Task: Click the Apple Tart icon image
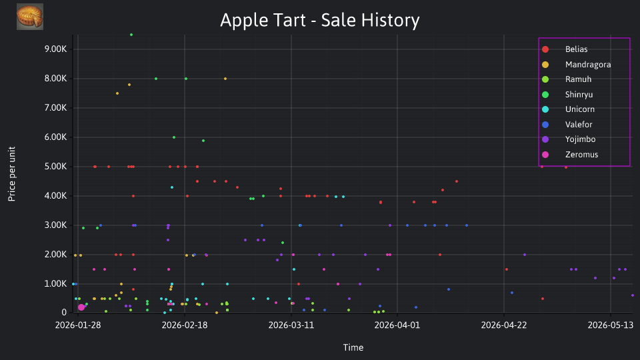coord(30,17)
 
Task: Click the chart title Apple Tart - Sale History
coord(319,20)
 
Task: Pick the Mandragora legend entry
coord(576,65)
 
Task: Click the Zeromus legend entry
coord(570,155)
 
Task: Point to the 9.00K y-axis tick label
coord(55,49)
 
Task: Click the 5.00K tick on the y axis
coord(55,167)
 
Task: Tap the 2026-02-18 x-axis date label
coord(185,325)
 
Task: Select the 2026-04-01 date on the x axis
coord(397,325)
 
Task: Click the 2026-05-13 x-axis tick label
coord(610,325)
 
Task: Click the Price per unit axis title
coord(12,174)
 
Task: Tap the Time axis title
coord(353,348)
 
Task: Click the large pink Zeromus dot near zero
coord(81,307)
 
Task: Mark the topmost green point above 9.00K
coord(131,35)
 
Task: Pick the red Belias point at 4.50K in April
coord(456,181)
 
